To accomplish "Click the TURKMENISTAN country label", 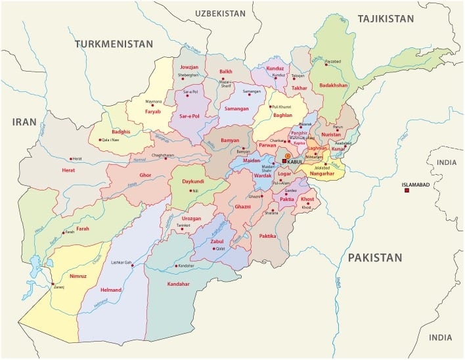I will (114, 44).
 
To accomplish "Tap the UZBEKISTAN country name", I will (219, 13).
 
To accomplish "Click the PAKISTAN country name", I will (374, 258).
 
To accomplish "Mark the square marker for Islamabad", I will (407, 191).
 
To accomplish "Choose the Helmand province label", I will (111, 289).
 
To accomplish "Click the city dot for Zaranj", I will (53, 284).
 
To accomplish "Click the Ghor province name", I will (145, 175).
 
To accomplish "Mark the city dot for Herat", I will (70, 159).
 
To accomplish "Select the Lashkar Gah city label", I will (121, 263).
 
